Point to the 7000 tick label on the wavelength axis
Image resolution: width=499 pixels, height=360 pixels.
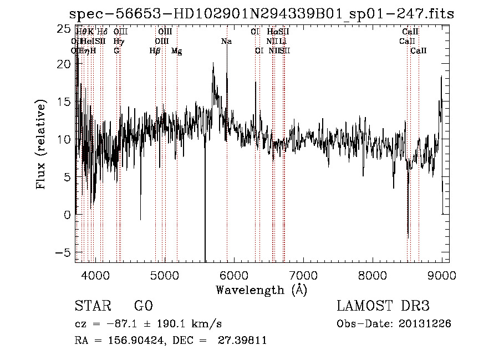303,275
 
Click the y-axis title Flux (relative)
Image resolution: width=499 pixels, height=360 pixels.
40,144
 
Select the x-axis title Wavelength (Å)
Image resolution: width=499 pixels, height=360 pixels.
261,290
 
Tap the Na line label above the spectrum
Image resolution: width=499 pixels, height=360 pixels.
226,42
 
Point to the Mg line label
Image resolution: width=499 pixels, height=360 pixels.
176,51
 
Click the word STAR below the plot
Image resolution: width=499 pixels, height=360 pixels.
93,306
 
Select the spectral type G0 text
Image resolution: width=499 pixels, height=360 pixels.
143,306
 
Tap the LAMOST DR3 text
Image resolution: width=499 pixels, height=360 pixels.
383,306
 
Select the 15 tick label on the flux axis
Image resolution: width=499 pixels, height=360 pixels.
65,102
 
